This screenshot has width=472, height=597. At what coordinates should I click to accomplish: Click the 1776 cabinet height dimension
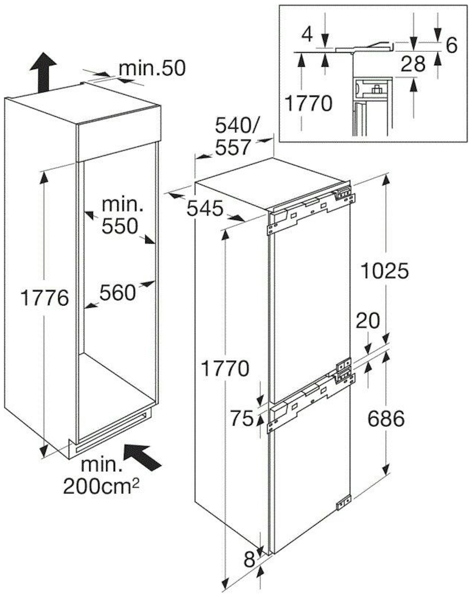point(44,298)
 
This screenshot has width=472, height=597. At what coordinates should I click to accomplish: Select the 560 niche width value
point(118,293)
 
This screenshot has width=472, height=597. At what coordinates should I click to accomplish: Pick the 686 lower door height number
point(386,419)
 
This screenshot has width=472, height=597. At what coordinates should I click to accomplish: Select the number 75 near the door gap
point(242,418)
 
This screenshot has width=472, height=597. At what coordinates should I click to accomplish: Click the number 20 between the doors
point(367,321)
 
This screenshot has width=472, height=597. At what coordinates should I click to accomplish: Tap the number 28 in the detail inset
point(413,64)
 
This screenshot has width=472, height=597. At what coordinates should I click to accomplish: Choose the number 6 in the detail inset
point(452,45)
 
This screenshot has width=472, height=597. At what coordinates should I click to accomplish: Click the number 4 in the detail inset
point(307,35)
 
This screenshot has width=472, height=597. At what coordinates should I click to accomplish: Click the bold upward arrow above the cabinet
point(43,72)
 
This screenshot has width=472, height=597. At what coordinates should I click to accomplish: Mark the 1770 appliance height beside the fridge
point(226,368)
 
